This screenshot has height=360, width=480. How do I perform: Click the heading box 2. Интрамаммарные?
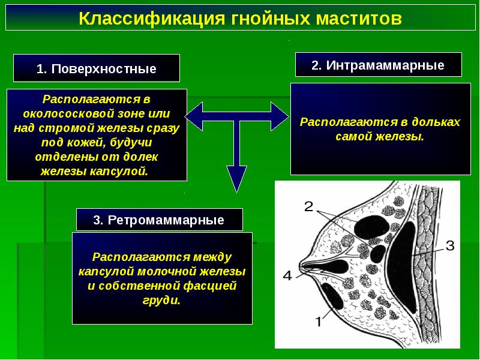(378, 65)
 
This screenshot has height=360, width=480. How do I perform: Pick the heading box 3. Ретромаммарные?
(159, 220)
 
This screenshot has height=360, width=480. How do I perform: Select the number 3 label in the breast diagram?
(451, 245)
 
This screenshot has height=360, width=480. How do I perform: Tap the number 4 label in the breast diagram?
(287, 276)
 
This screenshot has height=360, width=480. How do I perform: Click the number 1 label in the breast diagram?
(319, 322)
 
